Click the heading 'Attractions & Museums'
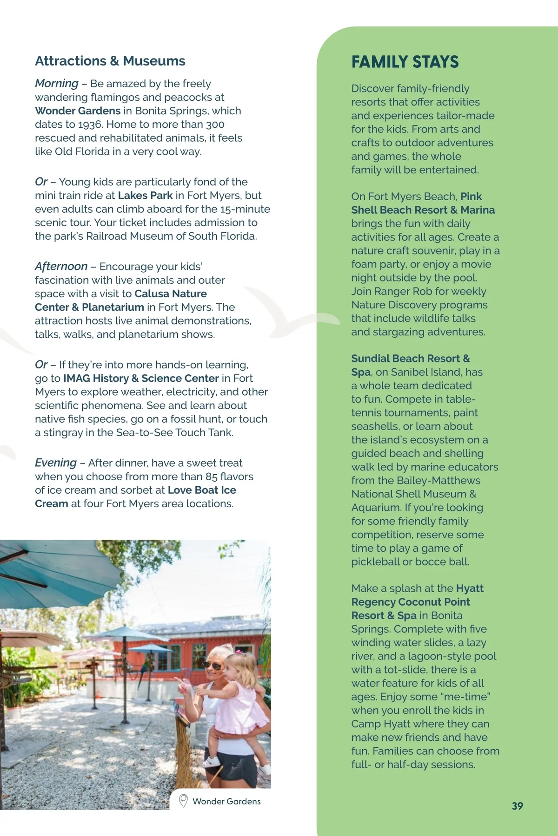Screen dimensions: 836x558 click(110, 61)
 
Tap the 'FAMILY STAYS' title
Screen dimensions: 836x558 click(405, 62)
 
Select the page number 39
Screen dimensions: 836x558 click(517, 806)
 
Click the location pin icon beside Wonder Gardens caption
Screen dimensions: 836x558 click(183, 800)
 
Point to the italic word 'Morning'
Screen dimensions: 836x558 click(56, 84)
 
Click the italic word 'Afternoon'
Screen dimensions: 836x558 click(61, 266)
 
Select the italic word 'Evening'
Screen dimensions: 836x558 click(55, 463)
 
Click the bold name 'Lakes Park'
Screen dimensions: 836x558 click(145, 196)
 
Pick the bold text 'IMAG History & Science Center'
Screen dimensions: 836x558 click(141, 379)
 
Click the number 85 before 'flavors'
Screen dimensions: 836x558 click(211, 477)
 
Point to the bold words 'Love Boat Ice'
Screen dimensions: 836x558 click(202, 490)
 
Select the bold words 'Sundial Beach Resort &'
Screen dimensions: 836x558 click(410, 359)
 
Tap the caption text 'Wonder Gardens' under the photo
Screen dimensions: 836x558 click(226, 801)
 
